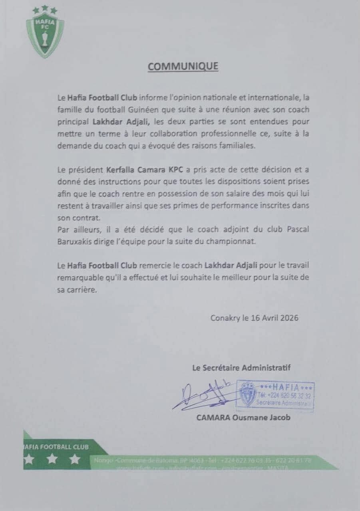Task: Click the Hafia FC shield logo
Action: tap(45, 34)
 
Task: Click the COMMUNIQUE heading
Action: tap(183, 66)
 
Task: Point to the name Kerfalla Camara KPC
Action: tap(145, 170)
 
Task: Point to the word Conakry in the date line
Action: tap(225, 318)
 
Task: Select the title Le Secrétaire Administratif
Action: tap(241, 368)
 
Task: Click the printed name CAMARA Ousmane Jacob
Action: tap(243, 418)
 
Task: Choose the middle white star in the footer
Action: tap(52, 459)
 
